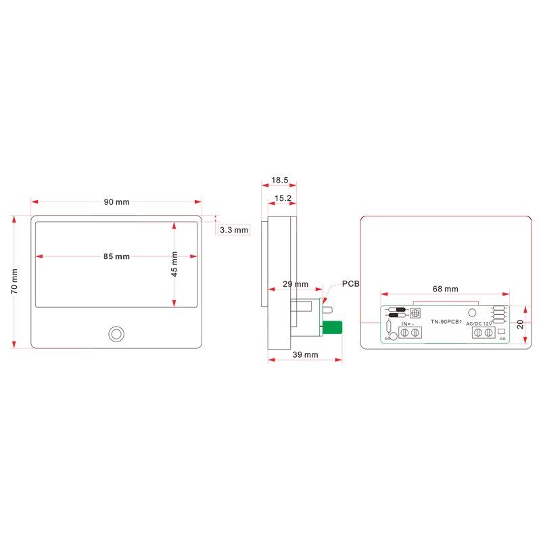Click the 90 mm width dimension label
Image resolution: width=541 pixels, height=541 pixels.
116,202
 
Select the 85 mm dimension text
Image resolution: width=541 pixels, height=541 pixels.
116,256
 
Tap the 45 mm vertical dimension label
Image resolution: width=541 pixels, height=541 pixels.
174,264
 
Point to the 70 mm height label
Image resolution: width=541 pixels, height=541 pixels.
14,281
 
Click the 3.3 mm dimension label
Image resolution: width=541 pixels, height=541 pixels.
234,230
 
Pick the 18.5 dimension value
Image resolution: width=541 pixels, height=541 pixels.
279,180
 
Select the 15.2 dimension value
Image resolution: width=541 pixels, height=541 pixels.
283,198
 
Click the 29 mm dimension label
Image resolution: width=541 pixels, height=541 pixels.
296,284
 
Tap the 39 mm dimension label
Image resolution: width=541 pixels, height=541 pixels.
306,354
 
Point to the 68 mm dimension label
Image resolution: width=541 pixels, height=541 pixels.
446,289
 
